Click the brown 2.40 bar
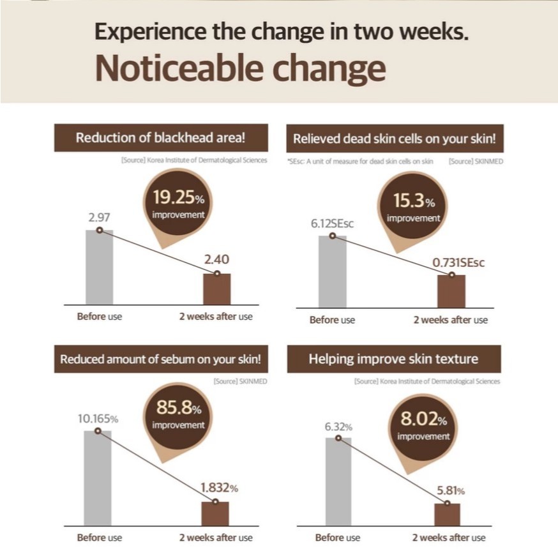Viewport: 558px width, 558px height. (216, 289)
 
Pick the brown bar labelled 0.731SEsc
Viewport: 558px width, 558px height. (451, 291)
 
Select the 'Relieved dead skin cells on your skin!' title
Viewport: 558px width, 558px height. (395, 139)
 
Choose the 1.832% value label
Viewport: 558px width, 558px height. (219, 488)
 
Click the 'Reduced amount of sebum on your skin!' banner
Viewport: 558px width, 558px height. (160, 359)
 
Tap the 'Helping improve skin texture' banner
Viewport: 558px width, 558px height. (393, 359)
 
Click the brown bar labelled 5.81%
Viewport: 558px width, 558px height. (447, 515)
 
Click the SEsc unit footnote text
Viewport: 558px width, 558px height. (360, 162)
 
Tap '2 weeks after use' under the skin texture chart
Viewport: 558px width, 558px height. (448, 538)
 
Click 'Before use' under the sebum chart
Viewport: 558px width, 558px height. (99, 538)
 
